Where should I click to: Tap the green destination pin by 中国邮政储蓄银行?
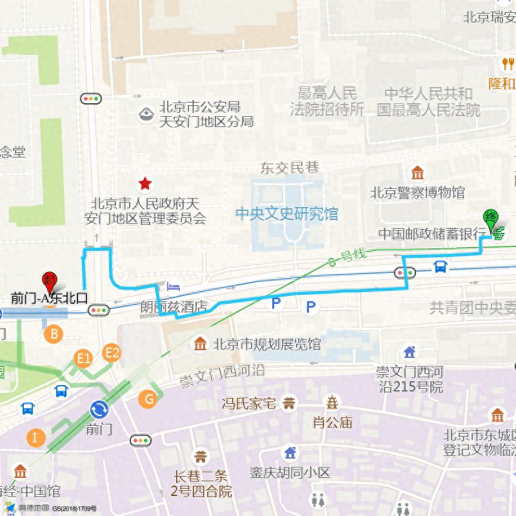[491, 220]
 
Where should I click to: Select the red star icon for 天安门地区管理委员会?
[146, 184]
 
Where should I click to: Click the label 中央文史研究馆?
[286, 213]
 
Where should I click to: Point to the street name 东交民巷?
[290, 168]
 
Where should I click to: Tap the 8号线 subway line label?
[347, 257]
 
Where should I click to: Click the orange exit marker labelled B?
[54, 333]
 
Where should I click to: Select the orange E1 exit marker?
[84, 358]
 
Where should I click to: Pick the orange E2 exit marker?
[112, 352]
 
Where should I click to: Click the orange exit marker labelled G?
[148, 399]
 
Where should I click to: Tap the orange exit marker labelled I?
[35, 438]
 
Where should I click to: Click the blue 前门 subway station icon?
[99, 410]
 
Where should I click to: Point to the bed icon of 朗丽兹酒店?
[174, 286]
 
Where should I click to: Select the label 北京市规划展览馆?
[266, 344]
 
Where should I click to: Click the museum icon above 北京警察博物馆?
[418, 174]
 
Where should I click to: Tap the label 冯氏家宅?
[249, 404]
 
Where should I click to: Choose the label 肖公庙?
[332, 422]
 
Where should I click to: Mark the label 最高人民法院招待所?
[328, 101]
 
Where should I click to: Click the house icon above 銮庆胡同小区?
[290, 453]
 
